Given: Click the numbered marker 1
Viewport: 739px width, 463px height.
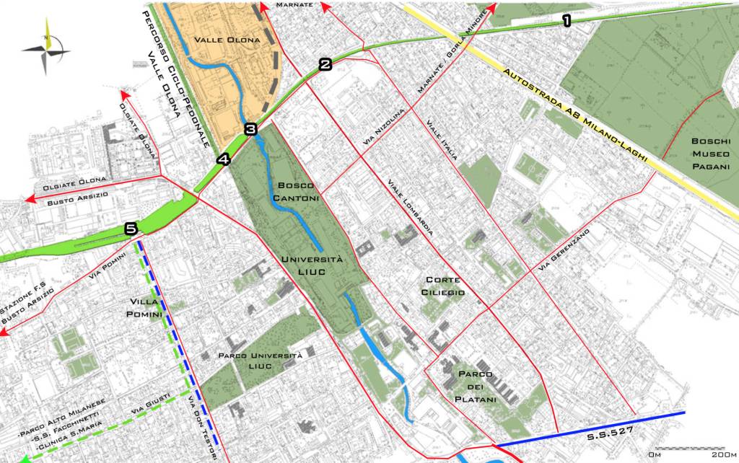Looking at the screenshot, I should point(567,21).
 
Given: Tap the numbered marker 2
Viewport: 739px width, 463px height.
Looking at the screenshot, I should point(325,65).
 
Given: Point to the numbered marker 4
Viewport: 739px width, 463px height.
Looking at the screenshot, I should point(223,159).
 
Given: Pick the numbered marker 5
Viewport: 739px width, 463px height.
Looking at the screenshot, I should point(130,229).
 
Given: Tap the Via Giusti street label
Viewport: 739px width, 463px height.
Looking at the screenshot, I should point(149,405).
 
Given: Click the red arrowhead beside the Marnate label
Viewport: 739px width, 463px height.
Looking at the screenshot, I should point(325,7).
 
